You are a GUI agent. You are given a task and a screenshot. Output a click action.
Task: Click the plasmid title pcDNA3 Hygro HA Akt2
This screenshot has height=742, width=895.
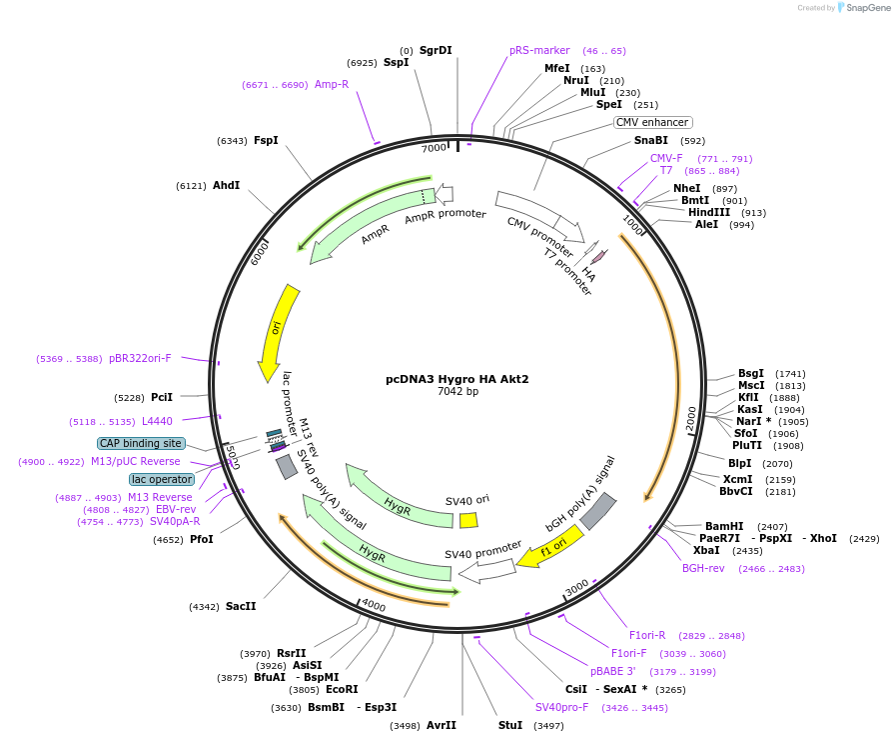457,379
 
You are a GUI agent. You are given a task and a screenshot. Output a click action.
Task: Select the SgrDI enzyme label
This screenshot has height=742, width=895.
436,50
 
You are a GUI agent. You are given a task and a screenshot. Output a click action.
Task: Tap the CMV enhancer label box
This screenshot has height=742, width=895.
652,122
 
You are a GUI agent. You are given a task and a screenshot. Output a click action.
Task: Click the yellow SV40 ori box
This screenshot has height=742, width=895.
468,520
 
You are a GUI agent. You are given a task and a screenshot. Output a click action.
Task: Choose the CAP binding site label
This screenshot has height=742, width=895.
141,443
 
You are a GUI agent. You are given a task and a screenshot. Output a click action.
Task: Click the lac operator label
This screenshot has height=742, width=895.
161,479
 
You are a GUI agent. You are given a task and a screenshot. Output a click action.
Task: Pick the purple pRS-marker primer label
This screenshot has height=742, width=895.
539,50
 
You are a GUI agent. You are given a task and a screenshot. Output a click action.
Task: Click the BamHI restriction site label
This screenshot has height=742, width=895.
724,526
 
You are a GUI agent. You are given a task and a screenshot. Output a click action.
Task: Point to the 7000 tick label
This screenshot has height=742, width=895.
434,148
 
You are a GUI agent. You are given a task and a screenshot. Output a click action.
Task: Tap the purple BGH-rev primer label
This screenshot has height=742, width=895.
703,568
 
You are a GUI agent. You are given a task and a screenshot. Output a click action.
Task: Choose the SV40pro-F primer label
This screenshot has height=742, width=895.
562,707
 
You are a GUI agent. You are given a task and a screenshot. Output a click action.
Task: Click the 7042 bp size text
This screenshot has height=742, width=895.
457,392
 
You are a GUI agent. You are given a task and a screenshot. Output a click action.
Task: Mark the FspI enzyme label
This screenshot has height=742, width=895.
266,140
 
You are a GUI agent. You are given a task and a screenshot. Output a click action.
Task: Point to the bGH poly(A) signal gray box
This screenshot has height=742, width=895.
598,511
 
